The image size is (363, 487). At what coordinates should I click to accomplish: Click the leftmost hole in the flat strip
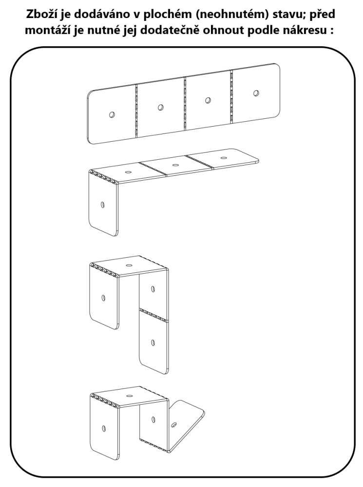pyautogui.click(x=112, y=114)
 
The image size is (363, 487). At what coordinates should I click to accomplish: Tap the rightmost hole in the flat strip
pyautogui.click(x=256, y=93)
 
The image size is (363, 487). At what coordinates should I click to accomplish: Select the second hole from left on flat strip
pyautogui.click(x=160, y=107)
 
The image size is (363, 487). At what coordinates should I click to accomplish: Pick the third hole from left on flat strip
pyautogui.click(x=208, y=100)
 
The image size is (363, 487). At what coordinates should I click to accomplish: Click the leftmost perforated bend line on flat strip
pyautogui.click(x=136, y=111)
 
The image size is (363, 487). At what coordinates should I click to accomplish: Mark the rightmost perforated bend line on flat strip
pyautogui.click(x=231, y=96)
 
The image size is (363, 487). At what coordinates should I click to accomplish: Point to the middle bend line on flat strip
pyautogui.click(x=185, y=103)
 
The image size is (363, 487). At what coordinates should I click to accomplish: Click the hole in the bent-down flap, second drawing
pyautogui.click(x=103, y=205)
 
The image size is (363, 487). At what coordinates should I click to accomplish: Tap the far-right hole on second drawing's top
pyautogui.click(x=223, y=158)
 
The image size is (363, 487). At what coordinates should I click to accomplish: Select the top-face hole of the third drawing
pyautogui.click(x=129, y=265)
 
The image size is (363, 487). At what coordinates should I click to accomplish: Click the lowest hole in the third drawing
pyautogui.click(x=153, y=342)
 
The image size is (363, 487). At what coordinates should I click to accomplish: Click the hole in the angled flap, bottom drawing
pyautogui.click(x=174, y=424)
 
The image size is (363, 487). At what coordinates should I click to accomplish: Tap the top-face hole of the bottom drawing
pyautogui.click(x=129, y=395)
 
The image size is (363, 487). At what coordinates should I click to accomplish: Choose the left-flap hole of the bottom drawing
pyautogui.click(x=103, y=429)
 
